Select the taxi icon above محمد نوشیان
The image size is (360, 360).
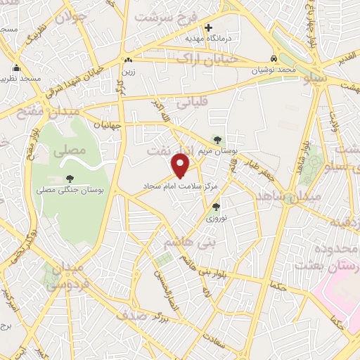[x=274, y=59]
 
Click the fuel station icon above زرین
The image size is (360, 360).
[x=127, y=60]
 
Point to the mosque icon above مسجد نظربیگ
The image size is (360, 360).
[x=16, y=69]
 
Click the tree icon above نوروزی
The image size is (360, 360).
[x=216, y=207]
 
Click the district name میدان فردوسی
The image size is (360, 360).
[x=65, y=276]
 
